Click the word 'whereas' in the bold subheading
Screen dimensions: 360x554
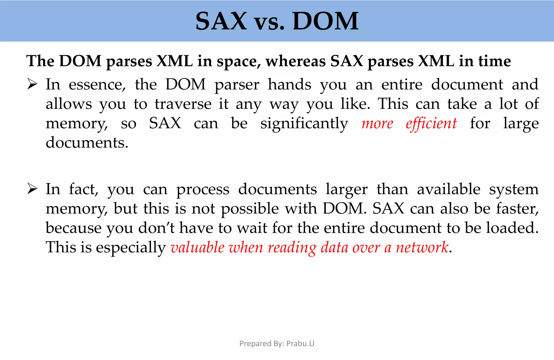coord(295,61)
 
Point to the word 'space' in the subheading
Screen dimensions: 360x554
coord(238,62)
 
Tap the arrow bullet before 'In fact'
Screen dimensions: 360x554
coord(32,189)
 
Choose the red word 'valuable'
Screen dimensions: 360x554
coord(197,247)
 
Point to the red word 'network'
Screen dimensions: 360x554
coord(422,247)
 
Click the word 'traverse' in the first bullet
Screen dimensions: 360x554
coord(183,104)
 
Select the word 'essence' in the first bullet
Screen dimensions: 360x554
coord(97,85)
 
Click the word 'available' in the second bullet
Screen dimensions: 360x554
coord(449,189)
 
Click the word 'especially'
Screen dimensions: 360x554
coord(131,247)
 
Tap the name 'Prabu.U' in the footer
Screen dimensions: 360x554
coord(300,344)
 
